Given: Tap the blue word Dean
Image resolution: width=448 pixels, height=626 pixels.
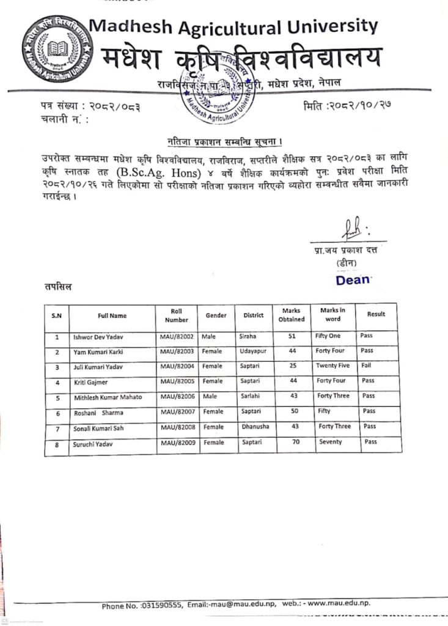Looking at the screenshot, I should [x=353, y=280].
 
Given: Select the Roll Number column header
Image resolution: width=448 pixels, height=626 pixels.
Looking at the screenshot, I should [x=176, y=315].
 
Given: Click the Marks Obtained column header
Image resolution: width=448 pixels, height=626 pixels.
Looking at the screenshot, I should [x=292, y=315].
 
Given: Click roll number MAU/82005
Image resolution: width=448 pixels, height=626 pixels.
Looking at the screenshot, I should [x=177, y=380].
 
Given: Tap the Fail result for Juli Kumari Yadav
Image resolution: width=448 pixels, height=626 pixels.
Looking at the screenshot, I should [x=367, y=366].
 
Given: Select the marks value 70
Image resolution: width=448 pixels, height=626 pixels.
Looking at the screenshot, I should [x=296, y=441].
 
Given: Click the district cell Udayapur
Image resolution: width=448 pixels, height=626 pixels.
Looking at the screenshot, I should [x=252, y=351].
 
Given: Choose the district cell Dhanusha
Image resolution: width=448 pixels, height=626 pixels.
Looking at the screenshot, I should [x=254, y=426].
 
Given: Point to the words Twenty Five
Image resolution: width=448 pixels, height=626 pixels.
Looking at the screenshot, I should [x=332, y=366].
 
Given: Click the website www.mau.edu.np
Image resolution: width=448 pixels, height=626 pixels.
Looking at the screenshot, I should [x=339, y=603].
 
